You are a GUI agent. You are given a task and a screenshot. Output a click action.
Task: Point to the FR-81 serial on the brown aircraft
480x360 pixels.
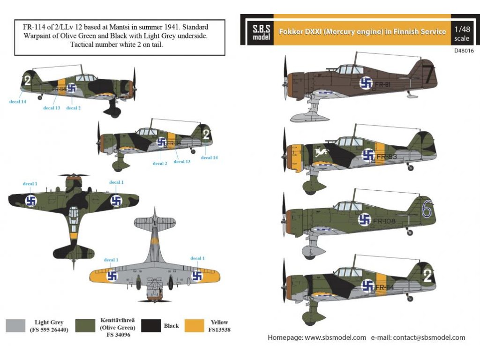[383, 85]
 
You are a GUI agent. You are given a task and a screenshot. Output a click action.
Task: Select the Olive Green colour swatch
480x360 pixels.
[84, 325]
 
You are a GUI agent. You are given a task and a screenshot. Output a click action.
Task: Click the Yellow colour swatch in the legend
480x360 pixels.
[196, 325]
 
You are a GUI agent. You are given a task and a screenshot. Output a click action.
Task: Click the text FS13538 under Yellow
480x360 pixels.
[219, 330]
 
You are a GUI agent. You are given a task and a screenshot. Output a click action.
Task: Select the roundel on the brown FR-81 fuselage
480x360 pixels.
[366, 83]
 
